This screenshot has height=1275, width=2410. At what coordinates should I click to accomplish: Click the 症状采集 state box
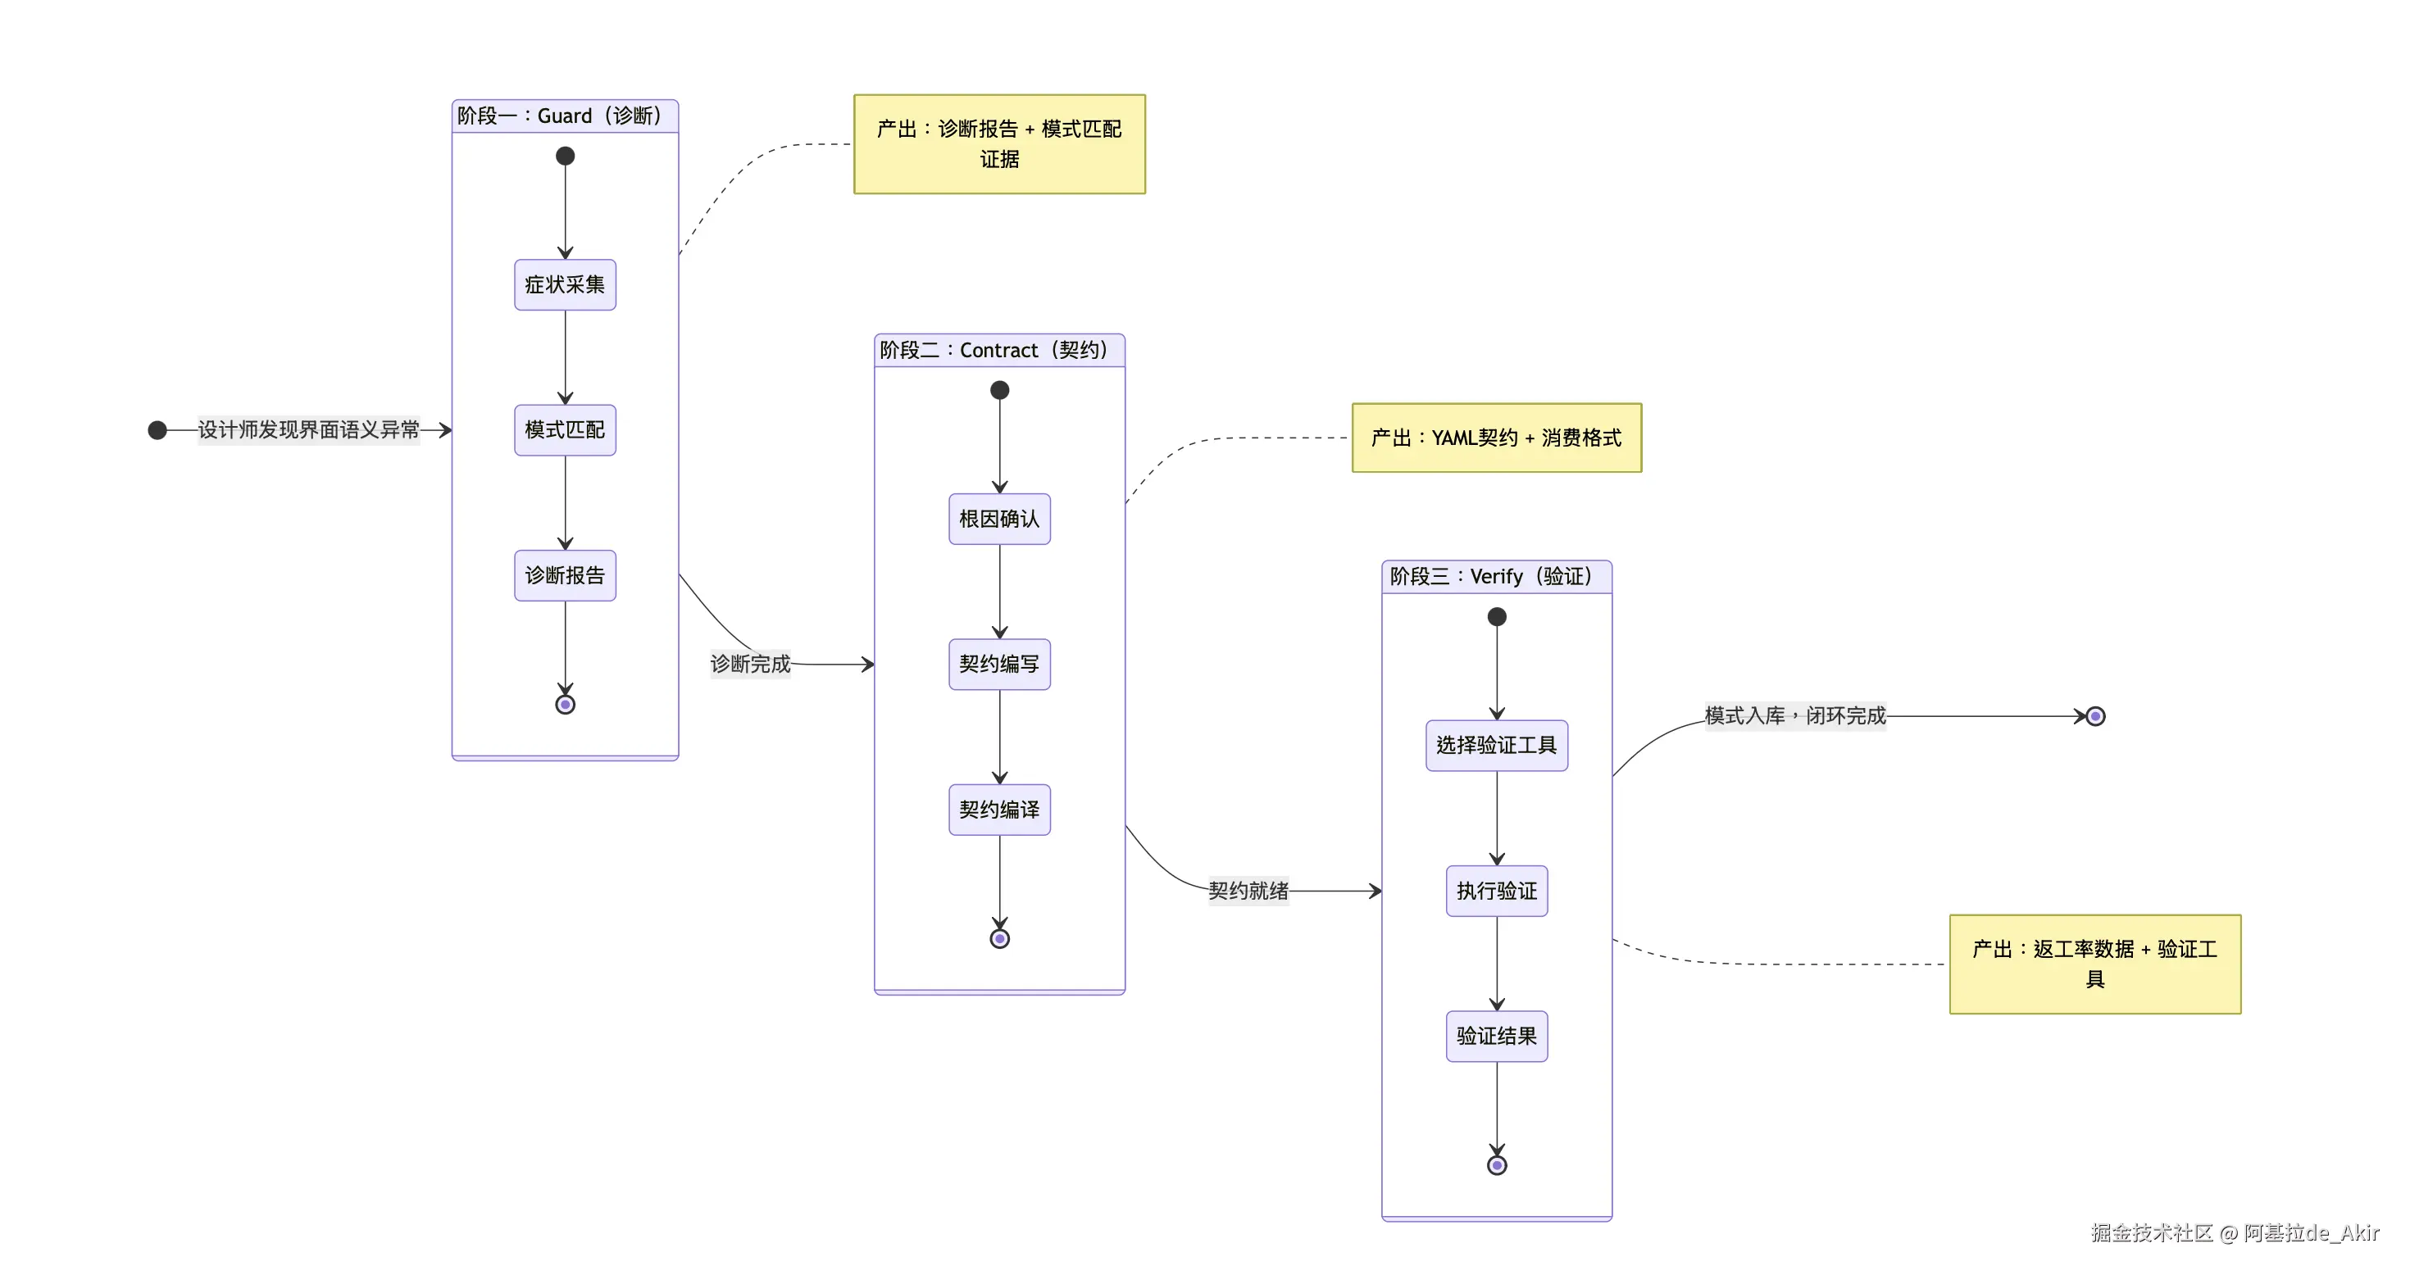click(565, 284)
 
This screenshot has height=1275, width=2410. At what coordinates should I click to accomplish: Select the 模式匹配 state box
click(565, 429)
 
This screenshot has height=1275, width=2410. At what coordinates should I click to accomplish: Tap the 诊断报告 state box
click(565, 575)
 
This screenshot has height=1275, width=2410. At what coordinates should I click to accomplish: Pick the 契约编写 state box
click(999, 665)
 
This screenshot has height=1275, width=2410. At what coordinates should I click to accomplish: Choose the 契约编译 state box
click(999, 809)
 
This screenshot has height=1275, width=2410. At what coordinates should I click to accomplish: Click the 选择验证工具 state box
click(1497, 746)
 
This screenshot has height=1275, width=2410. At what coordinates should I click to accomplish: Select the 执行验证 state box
click(1497, 891)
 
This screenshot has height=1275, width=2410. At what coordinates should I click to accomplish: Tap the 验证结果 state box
click(1497, 1037)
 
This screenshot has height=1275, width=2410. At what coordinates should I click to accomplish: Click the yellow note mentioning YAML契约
click(1497, 438)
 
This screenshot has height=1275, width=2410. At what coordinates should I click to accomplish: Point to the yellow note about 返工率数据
click(2094, 964)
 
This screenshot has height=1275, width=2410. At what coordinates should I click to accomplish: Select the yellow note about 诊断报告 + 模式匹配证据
click(999, 144)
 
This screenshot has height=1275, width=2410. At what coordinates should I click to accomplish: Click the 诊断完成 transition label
click(750, 665)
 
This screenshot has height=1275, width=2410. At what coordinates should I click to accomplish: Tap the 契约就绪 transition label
click(1248, 891)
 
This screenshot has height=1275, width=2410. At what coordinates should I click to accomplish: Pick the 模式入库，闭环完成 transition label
click(1795, 715)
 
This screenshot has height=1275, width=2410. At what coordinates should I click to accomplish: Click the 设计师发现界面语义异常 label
click(309, 429)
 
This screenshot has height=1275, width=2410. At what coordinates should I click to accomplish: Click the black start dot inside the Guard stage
click(565, 157)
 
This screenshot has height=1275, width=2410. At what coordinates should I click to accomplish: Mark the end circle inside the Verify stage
click(1497, 1165)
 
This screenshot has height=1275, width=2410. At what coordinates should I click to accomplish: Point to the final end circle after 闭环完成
click(2096, 716)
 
